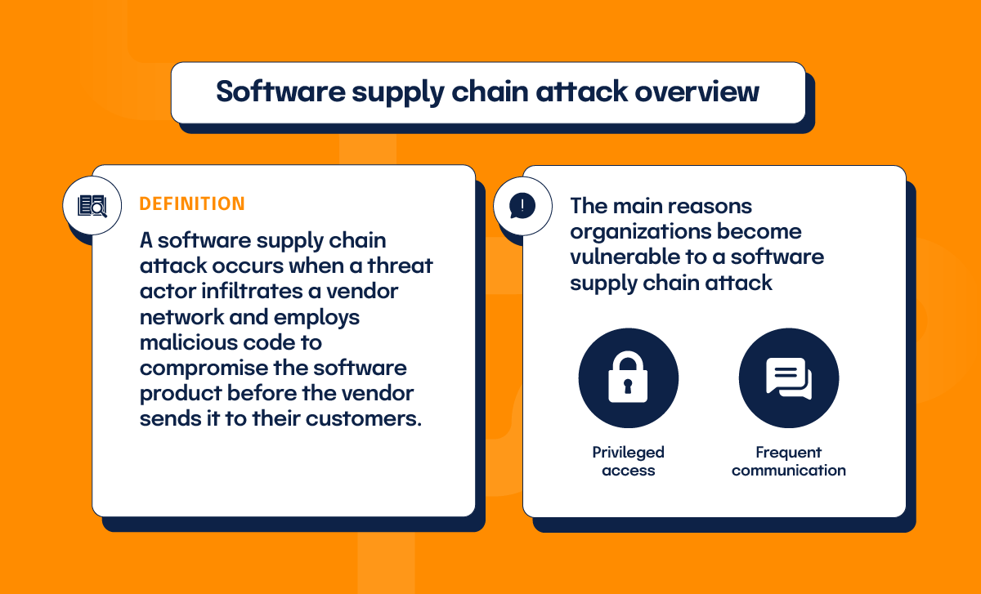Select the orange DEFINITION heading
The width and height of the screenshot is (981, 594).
point(192,203)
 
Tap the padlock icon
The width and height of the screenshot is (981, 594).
point(628,378)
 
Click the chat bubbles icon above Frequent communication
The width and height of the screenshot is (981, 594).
point(788,378)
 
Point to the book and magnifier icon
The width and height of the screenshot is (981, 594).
point(92,205)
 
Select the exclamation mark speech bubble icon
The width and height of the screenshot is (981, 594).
point(522,205)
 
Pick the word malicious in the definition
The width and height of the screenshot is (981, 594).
point(188,342)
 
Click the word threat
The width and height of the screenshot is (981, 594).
point(401,266)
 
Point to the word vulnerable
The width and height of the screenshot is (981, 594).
point(621,257)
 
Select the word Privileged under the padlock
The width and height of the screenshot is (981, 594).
point(628,452)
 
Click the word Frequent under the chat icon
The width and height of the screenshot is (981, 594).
point(788,452)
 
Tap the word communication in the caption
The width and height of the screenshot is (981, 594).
point(788,471)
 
